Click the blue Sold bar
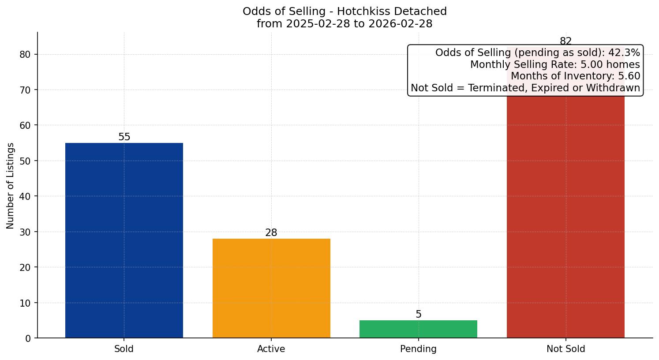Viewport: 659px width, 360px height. coord(124,240)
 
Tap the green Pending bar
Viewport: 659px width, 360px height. coord(418,329)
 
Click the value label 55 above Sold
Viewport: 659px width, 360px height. coord(124,137)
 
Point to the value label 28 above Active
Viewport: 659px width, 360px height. coord(271,233)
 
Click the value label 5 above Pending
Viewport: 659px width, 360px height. coord(419,315)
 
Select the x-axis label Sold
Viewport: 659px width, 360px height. coord(124,349)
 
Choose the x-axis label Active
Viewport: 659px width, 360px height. coord(271,349)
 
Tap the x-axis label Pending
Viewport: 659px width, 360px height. coord(418,349)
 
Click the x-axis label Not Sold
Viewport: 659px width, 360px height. coord(566,349)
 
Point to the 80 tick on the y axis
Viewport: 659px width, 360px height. coord(26,55)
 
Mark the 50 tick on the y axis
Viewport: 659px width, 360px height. coord(26,161)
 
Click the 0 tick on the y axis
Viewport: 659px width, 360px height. coord(28,338)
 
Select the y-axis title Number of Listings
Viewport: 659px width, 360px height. coord(11,186)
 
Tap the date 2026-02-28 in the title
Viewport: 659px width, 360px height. coord(401,24)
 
